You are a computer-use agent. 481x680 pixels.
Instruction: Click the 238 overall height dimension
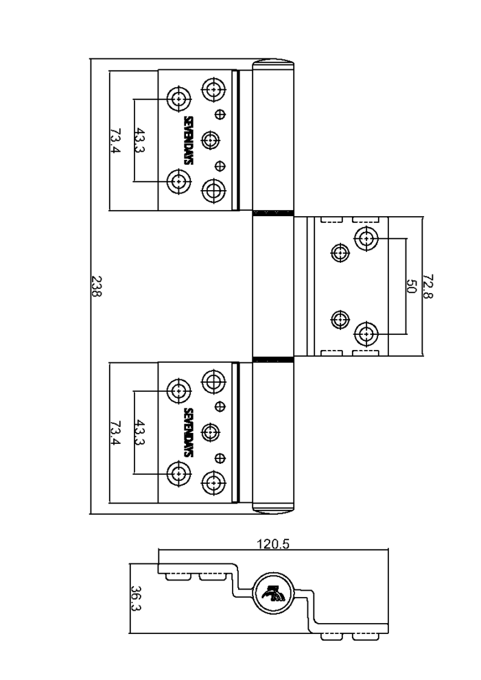(x=97, y=286)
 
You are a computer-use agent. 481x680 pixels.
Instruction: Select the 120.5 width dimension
(x=273, y=544)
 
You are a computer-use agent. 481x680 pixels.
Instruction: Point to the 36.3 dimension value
(x=136, y=598)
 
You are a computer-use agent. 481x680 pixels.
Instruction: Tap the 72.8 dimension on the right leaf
(x=427, y=286)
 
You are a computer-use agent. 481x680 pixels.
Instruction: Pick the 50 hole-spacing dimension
(x=411, y=286)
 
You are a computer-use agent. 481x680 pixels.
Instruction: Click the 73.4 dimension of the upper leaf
(x=115, y=141)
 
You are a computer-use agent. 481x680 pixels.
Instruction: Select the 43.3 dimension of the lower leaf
(x=140, y=432)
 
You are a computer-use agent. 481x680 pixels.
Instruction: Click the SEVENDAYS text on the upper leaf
(x=189, y=141)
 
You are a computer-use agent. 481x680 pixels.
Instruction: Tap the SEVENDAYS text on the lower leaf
(x=189, y=432)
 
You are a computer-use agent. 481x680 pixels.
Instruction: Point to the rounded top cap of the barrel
(x=273, y=63)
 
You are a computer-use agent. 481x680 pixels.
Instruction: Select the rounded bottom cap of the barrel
(x=273, y=509)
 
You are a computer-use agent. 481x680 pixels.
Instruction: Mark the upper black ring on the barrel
(x=273, y=213)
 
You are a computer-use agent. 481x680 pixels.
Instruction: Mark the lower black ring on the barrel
(x=273, y=359)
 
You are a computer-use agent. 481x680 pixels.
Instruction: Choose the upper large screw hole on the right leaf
(x=366, y=238)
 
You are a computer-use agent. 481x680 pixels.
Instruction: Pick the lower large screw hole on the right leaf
(x=366, y=334)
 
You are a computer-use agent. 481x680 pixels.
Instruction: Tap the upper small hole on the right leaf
(x=340, y=253)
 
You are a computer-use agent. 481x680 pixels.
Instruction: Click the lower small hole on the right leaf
(x=340, y=320)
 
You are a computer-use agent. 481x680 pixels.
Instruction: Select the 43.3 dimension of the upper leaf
(x=140, y=141)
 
